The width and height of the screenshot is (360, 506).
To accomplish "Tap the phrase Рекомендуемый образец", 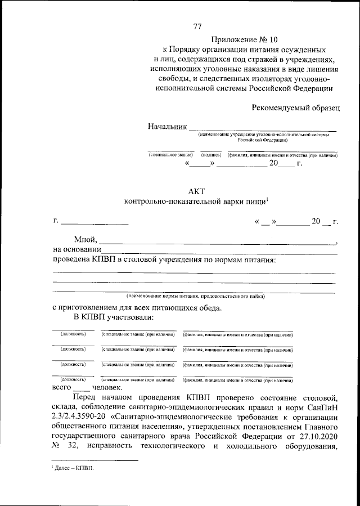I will [x=296, y=107].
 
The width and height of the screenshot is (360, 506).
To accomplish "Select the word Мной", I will [x=85, y=240].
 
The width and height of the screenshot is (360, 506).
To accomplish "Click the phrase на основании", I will [x=77, y=250].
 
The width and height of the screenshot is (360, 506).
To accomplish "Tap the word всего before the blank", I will [x=62, y=388].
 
